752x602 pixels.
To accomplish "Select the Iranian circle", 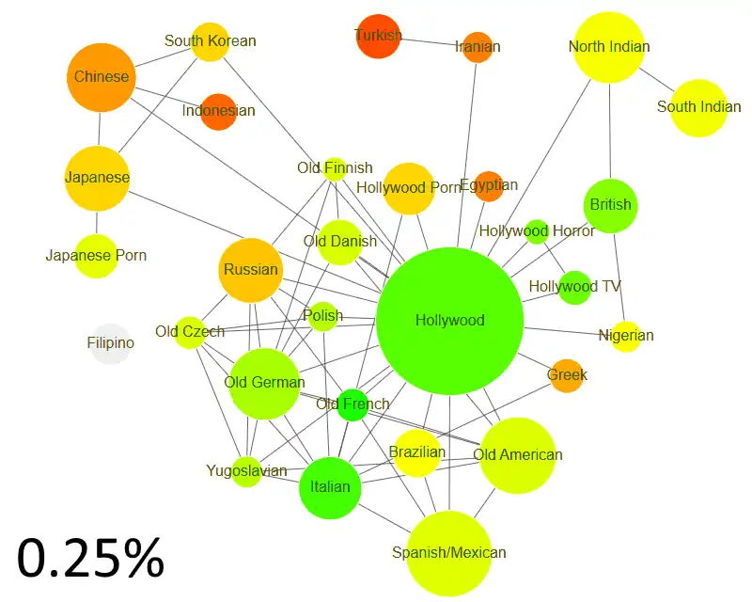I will click(478, 47).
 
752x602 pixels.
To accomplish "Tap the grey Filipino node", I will click(111, 343).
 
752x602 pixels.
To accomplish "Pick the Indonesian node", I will click(218, 111).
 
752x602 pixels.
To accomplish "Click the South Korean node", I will click(210, 41).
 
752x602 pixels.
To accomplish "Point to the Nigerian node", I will click(626, 336).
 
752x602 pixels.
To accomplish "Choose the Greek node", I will click(567, 375).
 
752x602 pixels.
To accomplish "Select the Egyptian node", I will click(489, 186).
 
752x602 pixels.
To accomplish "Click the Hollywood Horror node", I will click(537, 231).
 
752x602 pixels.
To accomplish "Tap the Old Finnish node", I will click(335, 169).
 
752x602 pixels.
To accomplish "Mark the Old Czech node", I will click(190, 332).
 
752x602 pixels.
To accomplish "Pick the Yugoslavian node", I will click(246, 471).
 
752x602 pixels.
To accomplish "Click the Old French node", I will click(352, 404).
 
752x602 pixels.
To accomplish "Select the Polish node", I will click(322, 316).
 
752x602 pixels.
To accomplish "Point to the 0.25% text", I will click(91, 558).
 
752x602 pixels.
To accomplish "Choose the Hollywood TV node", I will click(574, 287).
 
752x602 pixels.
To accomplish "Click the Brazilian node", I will click(417, 452).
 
